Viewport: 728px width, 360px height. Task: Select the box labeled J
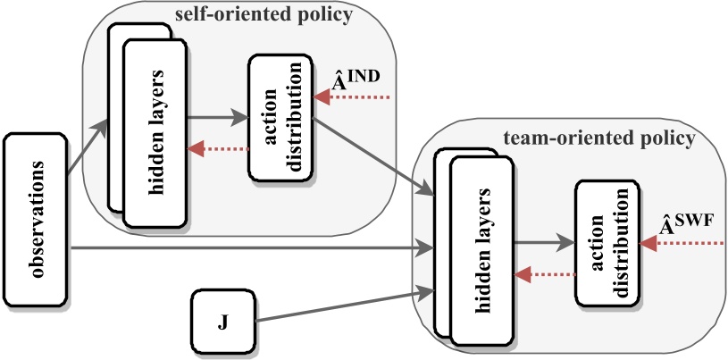tap(223, 322)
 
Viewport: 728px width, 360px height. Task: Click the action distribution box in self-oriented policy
tap(280, 115)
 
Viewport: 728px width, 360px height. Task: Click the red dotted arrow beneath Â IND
tap(352, 96)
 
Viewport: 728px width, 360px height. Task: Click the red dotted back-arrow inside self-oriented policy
tap(218, 150)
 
